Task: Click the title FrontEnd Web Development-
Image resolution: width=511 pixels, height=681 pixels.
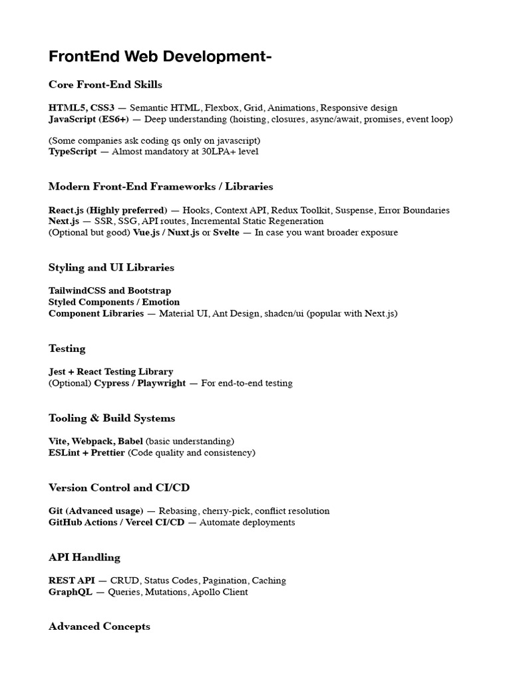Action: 160,57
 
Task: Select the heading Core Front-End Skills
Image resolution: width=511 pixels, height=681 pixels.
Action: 105,84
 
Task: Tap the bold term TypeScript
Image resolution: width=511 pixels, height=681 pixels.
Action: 72,152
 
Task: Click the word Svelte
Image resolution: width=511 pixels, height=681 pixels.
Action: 226,233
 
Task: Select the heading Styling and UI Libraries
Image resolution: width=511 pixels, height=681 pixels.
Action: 111,267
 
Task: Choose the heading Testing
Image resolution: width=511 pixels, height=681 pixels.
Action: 67,348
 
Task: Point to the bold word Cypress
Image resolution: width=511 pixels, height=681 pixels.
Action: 112,383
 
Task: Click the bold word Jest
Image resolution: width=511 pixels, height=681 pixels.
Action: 57,372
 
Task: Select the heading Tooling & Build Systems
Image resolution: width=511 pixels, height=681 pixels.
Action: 112,418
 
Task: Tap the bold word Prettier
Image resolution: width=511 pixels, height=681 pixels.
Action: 107,453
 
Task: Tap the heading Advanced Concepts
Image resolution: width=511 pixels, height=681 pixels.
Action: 99,626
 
